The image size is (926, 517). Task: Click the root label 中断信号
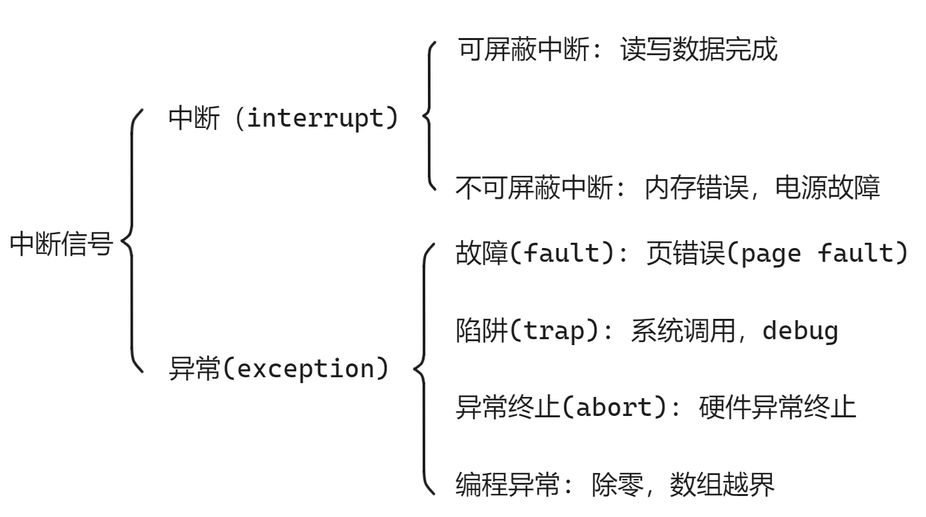point(61,244)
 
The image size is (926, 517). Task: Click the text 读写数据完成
point(698,49)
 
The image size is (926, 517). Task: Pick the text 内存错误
point(696,189)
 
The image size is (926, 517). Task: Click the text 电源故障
point(827,189)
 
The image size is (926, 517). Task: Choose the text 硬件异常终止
point(777,407)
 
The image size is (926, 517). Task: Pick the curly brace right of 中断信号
point(132,240)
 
